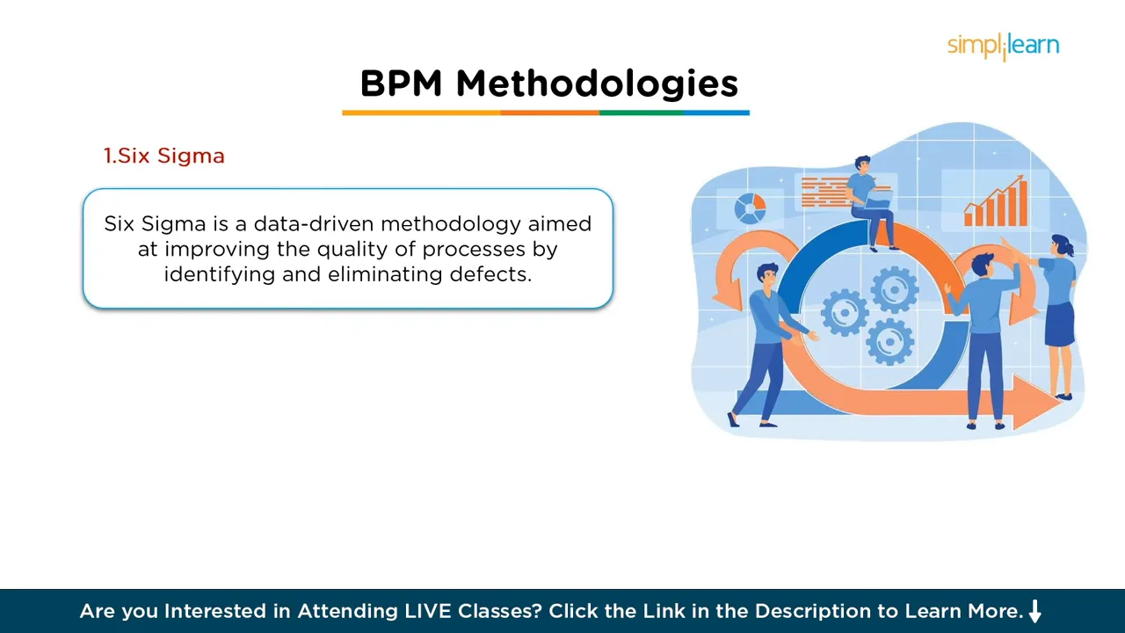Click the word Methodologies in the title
click(x=597, y=84)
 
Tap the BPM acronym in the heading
click(x=402, y=84)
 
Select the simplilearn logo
click(x=1003, y=46)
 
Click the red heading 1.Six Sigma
click(x=164, y=156)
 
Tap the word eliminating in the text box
click(x=385, y=274)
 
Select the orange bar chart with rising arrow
click(x=996, y=202)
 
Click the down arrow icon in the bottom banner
click(x=1034, y=611)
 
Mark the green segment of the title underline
click(x=641, y=113)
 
